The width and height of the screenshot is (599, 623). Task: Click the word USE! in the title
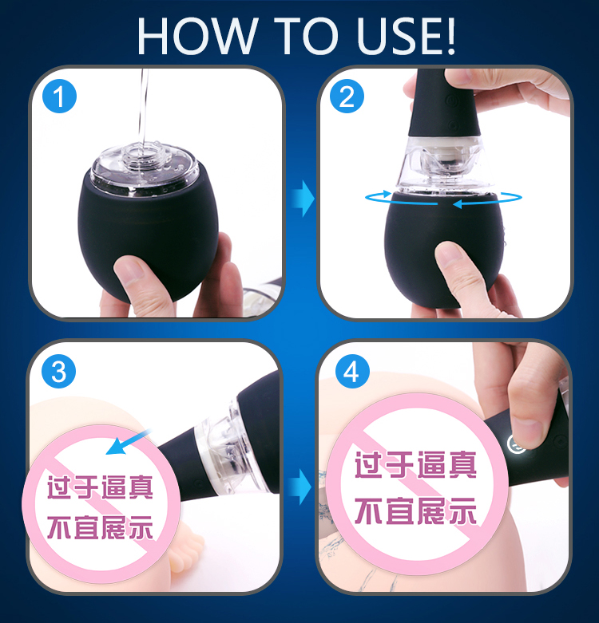406,36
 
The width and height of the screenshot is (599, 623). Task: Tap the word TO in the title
306,36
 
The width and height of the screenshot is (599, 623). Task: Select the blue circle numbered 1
59,96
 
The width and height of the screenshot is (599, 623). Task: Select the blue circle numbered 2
347,96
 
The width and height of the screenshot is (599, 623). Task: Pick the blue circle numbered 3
59,372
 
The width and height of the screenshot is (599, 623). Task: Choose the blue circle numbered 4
352,372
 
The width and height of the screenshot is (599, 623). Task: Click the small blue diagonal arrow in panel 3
128,442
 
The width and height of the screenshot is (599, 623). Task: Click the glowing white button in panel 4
516,443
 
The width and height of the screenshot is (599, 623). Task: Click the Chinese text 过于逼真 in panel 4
415,465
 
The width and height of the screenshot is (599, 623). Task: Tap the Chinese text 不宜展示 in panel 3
100,527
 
